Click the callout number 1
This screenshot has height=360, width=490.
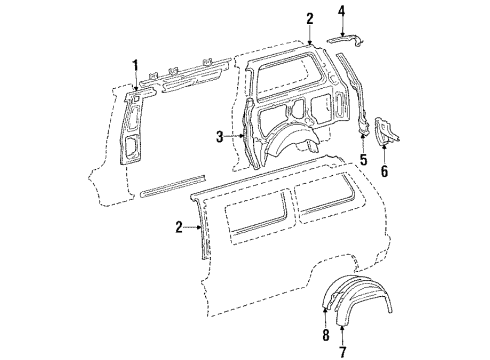[135, 66]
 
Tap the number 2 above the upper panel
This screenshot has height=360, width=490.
[310, 18]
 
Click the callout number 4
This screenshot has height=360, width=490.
[342, 13]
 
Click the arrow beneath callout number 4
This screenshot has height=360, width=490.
[342, 30]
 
